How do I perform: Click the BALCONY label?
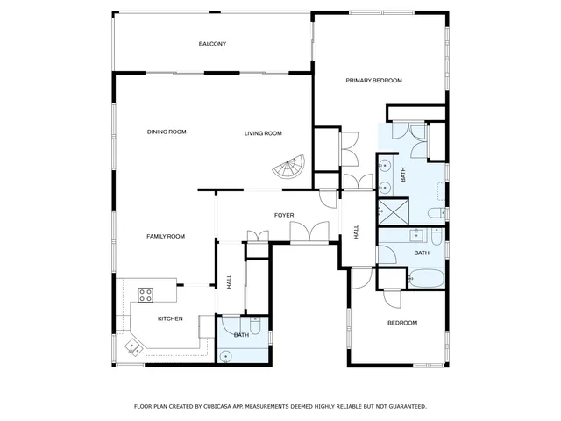click(x=212, y=43)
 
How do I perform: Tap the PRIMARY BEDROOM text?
click(x=373, y=81)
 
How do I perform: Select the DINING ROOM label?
click(x=167, y=132)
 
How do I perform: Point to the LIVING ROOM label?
click(x=263, y=133)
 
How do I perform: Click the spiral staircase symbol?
click(x=289, y=168)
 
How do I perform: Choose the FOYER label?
click(x=284, y=215)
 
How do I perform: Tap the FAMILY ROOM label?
click(x=166, y=236)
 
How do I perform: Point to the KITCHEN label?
click(x=170, y=318)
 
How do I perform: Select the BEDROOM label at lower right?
click(x=402, y=323)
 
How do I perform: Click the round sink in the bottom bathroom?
click(x=226, y=355)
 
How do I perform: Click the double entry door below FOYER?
click(x=309, y=232)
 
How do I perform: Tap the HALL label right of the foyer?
click(x=357, y=232)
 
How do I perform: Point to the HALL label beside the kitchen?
click(x=230, y=282)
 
